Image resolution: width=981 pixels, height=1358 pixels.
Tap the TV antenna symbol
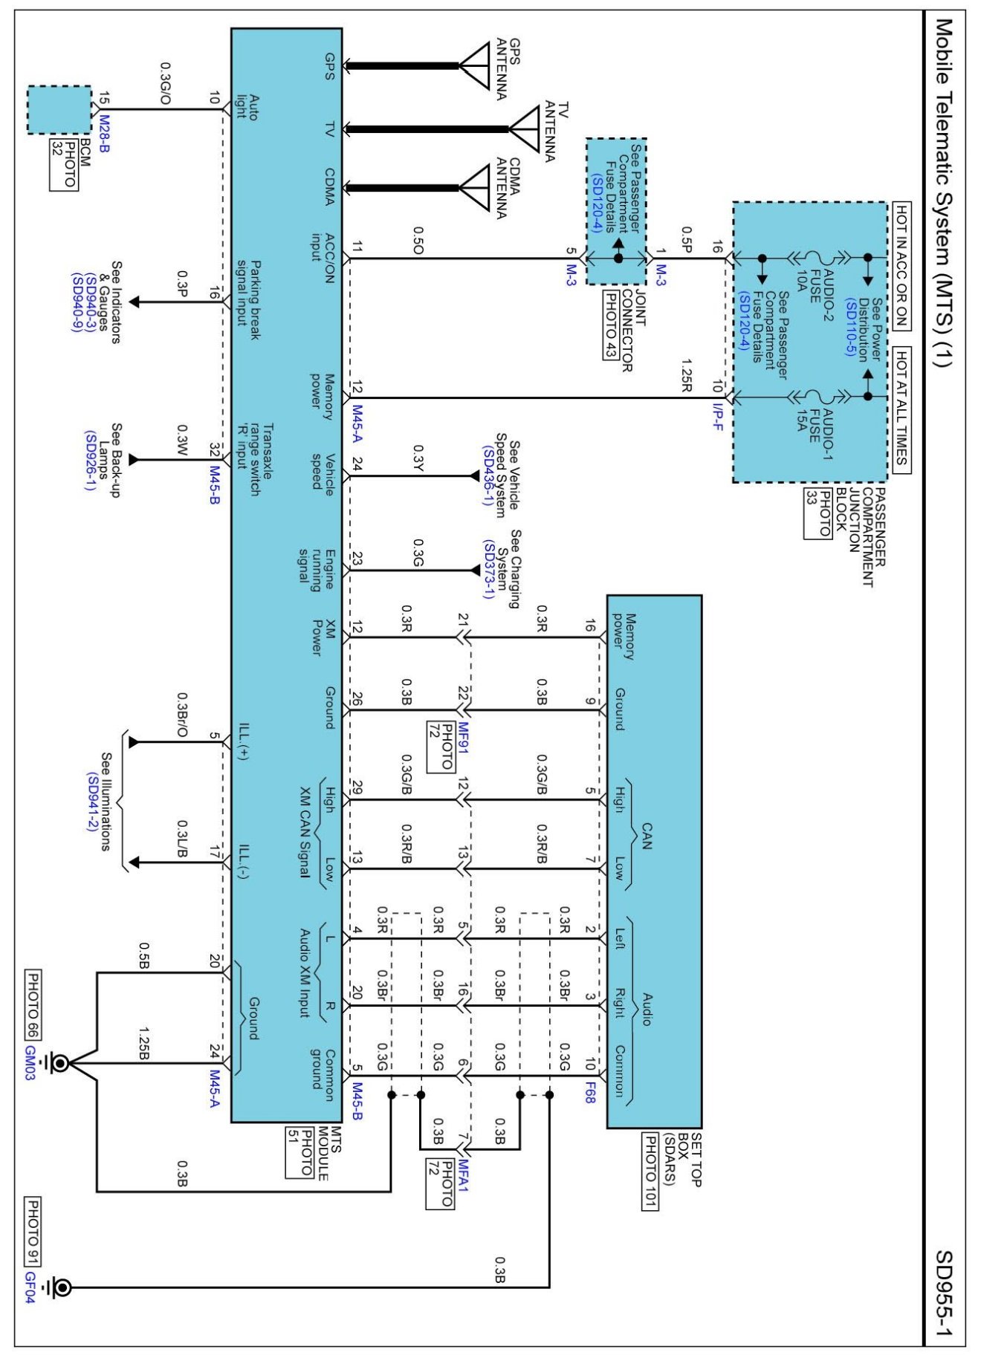pyautogui.click(x=524, y=129)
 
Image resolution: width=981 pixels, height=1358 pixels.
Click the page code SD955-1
pyautogui.click(x=944, y=1293)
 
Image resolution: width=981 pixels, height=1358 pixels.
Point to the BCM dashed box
pyautogui.click(x=59, y=110)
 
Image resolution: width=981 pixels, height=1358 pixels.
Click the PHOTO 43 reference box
pyautogui.click(x=609, y=324)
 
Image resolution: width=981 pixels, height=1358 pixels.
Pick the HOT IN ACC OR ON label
pyautogui.click(x=900, y=266)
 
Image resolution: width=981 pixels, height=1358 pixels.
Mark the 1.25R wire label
pyautogui.click(x=686, y=376)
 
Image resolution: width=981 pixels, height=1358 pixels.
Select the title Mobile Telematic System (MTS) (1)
pyautogui.click(x=944, y=193)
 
